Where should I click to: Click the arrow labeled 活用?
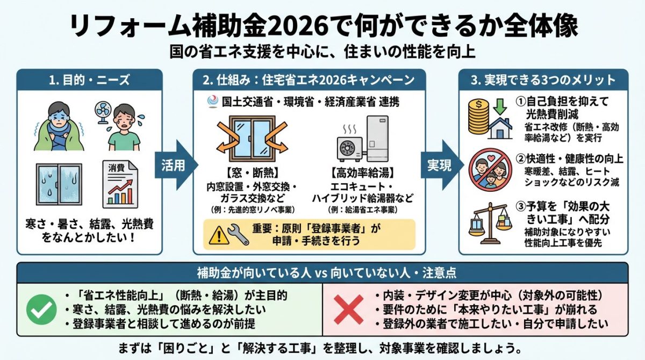pos(176,165)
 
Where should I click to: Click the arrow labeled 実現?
pos(442,165)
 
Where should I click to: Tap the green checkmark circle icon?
pos(41,309)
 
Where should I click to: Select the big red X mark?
pos(348,310)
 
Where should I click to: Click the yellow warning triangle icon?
pos(219,235)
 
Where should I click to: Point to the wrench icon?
pos(238,234)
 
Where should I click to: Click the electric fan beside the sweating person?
pos(102,113)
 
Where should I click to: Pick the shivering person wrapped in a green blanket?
pos(59,126)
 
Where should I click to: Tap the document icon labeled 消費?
pos(120,184)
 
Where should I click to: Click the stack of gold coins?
pos(478,116)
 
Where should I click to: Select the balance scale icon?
pos(490,224)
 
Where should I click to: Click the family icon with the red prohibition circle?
pos(490,170)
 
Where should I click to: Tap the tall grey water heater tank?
pos(377,139)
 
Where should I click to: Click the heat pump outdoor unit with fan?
pos(351,148)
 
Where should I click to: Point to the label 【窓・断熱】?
pos(252,173)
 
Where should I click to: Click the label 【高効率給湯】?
pos(363,173)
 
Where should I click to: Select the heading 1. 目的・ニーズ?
pos(89,80)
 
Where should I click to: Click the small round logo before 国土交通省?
pos(213,102)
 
